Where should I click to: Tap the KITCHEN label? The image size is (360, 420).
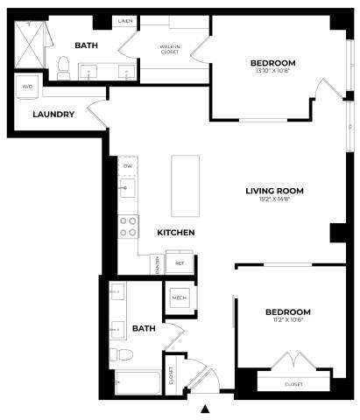tap(175, 233)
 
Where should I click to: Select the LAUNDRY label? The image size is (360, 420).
tap(53, 114)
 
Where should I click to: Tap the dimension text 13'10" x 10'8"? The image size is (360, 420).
tap(272, 73)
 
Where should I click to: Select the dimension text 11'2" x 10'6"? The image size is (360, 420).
tap(287, 322)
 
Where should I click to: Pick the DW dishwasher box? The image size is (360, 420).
tap(128, 165)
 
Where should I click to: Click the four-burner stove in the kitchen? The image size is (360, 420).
tap(128, 227)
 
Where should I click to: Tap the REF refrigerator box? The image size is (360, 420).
tap(180, 262)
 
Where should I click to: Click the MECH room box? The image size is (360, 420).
tap(180, 298)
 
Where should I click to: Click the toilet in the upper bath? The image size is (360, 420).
tap(63, 65)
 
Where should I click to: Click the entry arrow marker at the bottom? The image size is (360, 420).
tap(206, 409)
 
